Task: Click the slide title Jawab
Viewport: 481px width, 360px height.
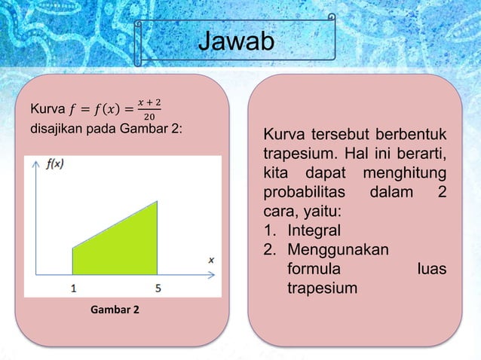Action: [x=235, y=43]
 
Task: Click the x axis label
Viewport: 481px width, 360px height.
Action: [x=211, y=260]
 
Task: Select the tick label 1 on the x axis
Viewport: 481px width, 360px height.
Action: [x=72, y=287]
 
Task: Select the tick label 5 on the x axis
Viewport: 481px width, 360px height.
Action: [x=158, y=287]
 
